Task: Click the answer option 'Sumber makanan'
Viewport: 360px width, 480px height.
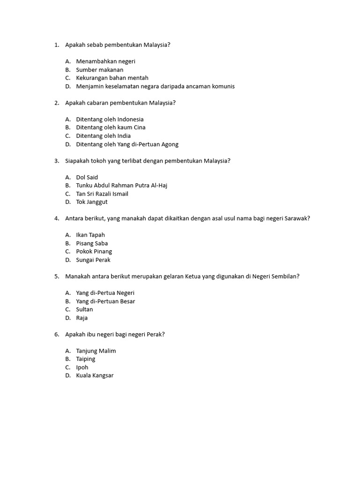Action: (x=99, y=70)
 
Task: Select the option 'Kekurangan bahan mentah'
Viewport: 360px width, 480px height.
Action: (x=112, y=78)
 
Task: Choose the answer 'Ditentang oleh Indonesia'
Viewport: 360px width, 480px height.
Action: (x=110, y=119)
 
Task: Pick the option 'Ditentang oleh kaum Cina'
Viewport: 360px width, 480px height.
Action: (x=111, y=127)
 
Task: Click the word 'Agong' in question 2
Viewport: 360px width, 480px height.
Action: (x=169, y=144)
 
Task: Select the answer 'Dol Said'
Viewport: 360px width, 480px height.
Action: (x=87, y=177)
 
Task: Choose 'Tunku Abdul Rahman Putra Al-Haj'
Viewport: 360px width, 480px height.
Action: (x=121, y=186)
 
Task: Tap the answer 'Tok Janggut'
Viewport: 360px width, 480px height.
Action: (x=91, y=202)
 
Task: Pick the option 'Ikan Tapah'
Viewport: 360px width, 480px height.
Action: (x=90, y=235)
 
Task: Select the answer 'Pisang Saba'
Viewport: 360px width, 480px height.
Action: (x=92, y=243)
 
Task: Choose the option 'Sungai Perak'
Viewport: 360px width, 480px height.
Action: (x=93, y=260)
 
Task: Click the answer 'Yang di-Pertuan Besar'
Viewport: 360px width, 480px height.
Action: (x=105, y=301)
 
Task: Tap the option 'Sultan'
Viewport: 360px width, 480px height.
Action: (x=84, y=309)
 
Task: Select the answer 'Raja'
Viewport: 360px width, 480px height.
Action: (x=82, y=318)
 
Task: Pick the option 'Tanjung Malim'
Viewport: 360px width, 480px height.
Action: (x=96, y=351)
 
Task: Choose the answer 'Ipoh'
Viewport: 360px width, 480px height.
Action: (x=82, y=367)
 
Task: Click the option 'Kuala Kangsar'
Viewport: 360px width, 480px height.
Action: (x=95, y=375)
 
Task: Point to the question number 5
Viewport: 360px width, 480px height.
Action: (x=56, y=276)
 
